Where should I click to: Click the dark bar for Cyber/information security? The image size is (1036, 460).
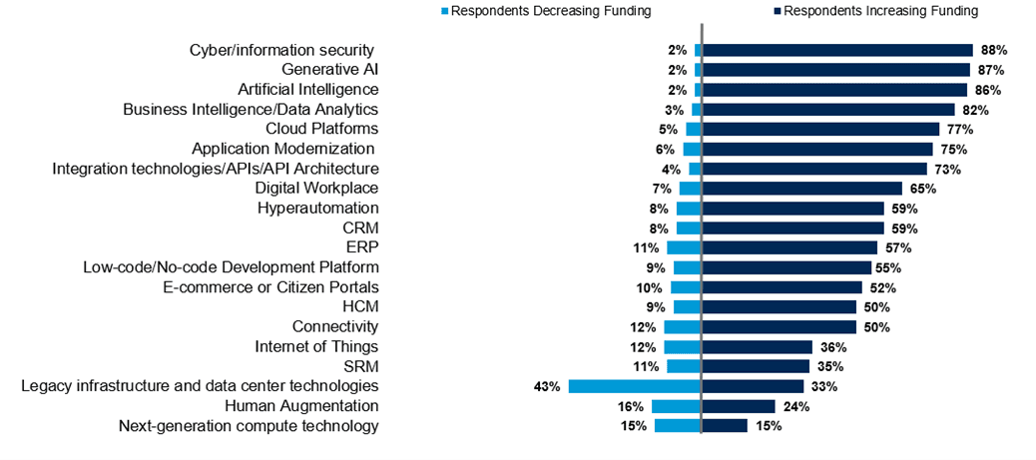click(837, 50)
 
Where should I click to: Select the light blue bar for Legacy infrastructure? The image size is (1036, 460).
click(635, 386)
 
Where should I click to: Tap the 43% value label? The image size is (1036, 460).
click(548, 386)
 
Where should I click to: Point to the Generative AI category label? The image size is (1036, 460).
click(329, 70)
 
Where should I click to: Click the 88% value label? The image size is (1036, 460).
click(994, 50)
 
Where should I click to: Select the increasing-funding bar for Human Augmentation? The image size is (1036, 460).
click(739, 406)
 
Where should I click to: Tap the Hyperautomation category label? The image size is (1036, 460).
click(318, 209)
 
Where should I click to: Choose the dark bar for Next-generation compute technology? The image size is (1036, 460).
click(725, 426)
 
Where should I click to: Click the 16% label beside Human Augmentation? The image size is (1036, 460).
click(632, 406)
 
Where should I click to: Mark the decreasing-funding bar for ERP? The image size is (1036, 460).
click(684, 247)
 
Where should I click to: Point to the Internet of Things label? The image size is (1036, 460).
click(316, 346)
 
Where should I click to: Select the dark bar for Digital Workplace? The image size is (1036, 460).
click(802, 189)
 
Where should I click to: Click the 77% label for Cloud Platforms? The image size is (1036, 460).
click(960, 130)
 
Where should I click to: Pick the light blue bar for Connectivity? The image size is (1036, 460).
click(683, 327)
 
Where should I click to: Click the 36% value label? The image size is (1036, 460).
click(832, 347)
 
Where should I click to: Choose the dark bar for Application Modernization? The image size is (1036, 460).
click(817, 150)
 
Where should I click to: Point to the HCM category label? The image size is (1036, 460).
click(360, 306)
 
